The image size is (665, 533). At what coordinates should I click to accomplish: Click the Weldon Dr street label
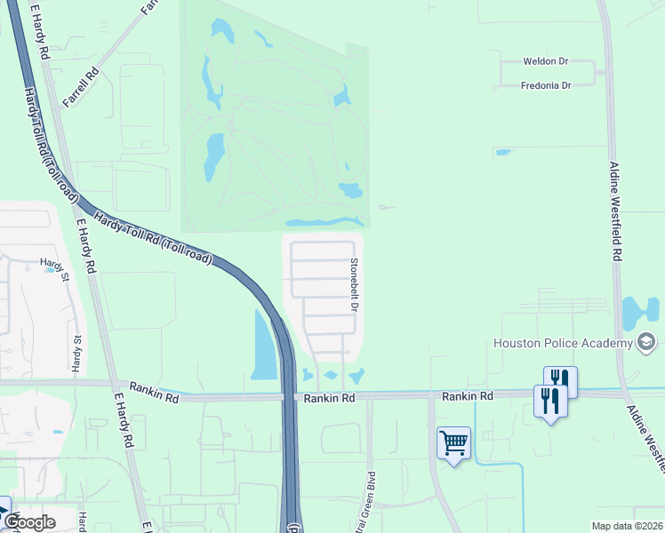pyautogui.click(x=546, y=62)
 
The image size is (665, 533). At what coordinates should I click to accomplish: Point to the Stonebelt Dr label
pyautogui.click(x=354, y=284)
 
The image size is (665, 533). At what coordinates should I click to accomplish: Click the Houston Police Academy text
pyautogui.click(x=564, y=343)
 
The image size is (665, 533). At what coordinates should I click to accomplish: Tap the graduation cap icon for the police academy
pyautogui.click(x=646, y=343)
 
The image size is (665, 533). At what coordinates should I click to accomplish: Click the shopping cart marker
pyautogui.click(x=453, y=442)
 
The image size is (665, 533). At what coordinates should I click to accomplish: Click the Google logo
pyautogui.click(x=30, y=522)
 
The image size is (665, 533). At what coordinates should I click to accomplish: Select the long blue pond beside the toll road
pyautogui.click(x=264, y=346)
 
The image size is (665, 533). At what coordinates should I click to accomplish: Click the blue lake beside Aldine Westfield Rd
pyautogui.click(x=639, y=314)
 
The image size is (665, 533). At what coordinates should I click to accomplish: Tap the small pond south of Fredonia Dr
pyautogui.click(x=503, y=152)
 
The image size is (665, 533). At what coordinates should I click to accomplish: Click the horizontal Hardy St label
pyautogui.click(x=53, y=264)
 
